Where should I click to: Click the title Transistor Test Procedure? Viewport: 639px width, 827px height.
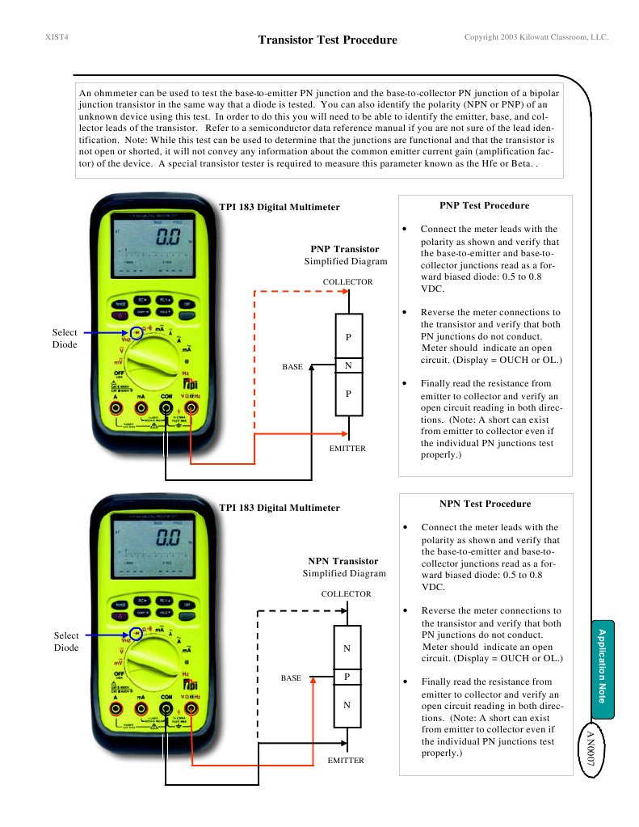[327, 40]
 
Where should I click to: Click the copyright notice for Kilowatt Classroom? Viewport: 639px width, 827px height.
[536, 37]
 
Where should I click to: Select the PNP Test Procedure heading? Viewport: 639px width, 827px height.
[484, 205]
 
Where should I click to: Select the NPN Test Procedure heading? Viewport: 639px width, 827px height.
[485, 504]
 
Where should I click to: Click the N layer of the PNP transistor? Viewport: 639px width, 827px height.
[348, 366]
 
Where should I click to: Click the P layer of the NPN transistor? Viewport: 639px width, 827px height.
[347, 677]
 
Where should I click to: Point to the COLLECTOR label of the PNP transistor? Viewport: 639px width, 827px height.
[347, 282]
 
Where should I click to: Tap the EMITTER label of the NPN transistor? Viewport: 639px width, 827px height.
[346, 761]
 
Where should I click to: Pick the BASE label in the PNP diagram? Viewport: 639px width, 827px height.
[292, 367]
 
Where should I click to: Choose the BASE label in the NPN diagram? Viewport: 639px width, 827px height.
[291, 678]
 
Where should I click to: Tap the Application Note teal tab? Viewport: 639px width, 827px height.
[602, 669]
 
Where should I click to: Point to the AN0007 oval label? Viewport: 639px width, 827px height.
[591, 751]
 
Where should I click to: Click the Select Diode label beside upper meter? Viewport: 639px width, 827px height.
[65, 339]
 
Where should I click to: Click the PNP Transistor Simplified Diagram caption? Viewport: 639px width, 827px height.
[345, 255]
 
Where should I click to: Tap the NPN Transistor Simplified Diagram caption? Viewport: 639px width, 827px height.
[343, 567]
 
